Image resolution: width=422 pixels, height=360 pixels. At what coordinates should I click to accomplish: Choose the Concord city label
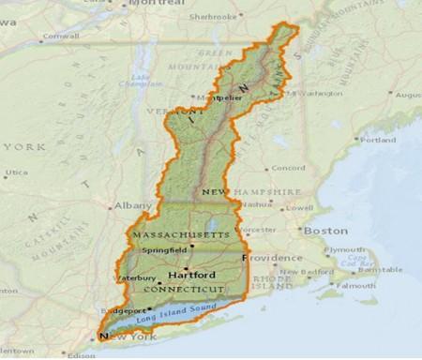coord(288,168)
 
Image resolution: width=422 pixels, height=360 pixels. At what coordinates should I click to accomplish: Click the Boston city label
coord(324,230)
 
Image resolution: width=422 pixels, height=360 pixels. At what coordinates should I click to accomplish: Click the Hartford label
coord(191,275)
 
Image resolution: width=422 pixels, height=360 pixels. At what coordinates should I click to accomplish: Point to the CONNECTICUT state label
coord(184,289)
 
